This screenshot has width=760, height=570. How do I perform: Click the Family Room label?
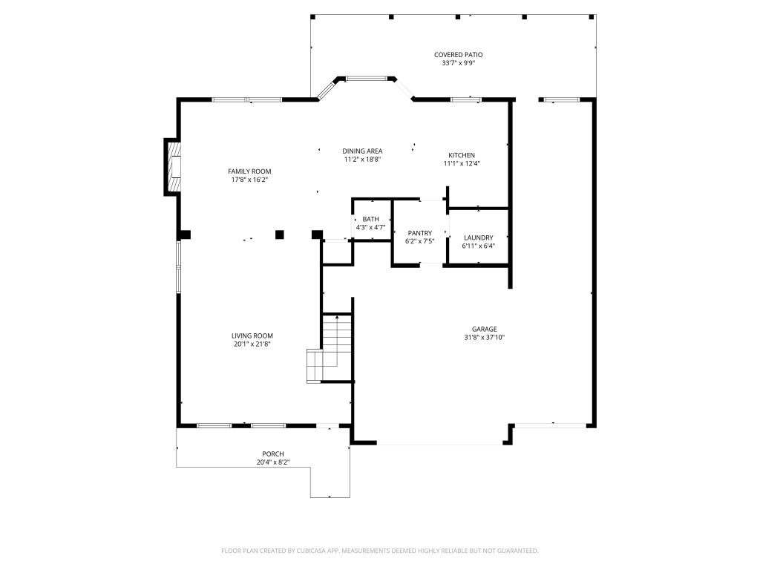point(249,171)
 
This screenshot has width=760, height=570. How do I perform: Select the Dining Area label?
point(362,151)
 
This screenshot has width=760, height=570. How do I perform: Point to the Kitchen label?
point(461,155)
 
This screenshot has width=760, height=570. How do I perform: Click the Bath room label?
point(370,219)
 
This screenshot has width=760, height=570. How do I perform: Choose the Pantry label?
point(419,233)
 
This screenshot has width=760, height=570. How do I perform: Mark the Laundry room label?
point(479,237)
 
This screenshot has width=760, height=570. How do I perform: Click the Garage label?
point(484,329)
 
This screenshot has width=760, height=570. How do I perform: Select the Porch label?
point(272,454)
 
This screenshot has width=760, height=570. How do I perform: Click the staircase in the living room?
point(330,349)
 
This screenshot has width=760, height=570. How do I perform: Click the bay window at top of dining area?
point(367,77)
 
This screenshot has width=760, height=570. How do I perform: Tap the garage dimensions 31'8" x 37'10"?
point(484,338)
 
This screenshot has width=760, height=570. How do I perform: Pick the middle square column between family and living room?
point(280,235)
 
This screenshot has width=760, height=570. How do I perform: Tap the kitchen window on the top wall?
point(465,99)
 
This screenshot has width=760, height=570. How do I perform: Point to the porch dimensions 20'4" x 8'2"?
point(272,463)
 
